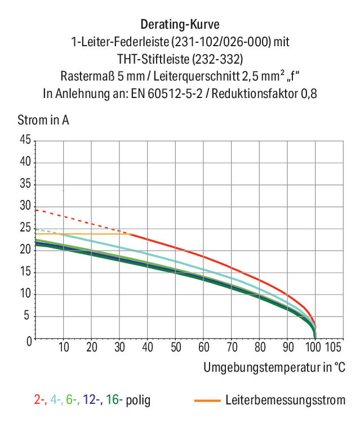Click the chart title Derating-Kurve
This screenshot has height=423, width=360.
pos(180,25)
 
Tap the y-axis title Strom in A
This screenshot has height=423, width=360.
pos(43,120)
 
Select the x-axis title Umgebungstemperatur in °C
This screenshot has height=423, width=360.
pos(274,367)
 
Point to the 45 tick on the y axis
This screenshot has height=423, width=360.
pos(25,140)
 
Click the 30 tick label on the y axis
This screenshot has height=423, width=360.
pos(25,206)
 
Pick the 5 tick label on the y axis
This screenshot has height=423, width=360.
pos(26,315)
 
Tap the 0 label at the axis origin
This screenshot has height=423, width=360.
pos(29,341)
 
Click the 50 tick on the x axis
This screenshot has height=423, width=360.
pos(176,347)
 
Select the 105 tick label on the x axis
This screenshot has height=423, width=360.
pos(333,347)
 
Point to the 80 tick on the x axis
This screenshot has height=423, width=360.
pos(260,347)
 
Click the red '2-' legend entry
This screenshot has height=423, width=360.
pos(40,400)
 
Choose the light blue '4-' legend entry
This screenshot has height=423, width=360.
pos(56,400)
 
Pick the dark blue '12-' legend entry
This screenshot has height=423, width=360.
pos(92,400)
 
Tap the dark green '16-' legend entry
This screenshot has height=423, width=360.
pos(114,400)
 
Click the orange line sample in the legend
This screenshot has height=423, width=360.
pos(207,401)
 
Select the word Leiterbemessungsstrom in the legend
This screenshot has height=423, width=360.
pos(286,400)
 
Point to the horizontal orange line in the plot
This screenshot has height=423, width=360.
pos(83,234)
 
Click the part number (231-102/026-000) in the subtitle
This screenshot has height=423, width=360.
pos(221,42)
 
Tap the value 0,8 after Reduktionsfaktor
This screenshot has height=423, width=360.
pos(309,94)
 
